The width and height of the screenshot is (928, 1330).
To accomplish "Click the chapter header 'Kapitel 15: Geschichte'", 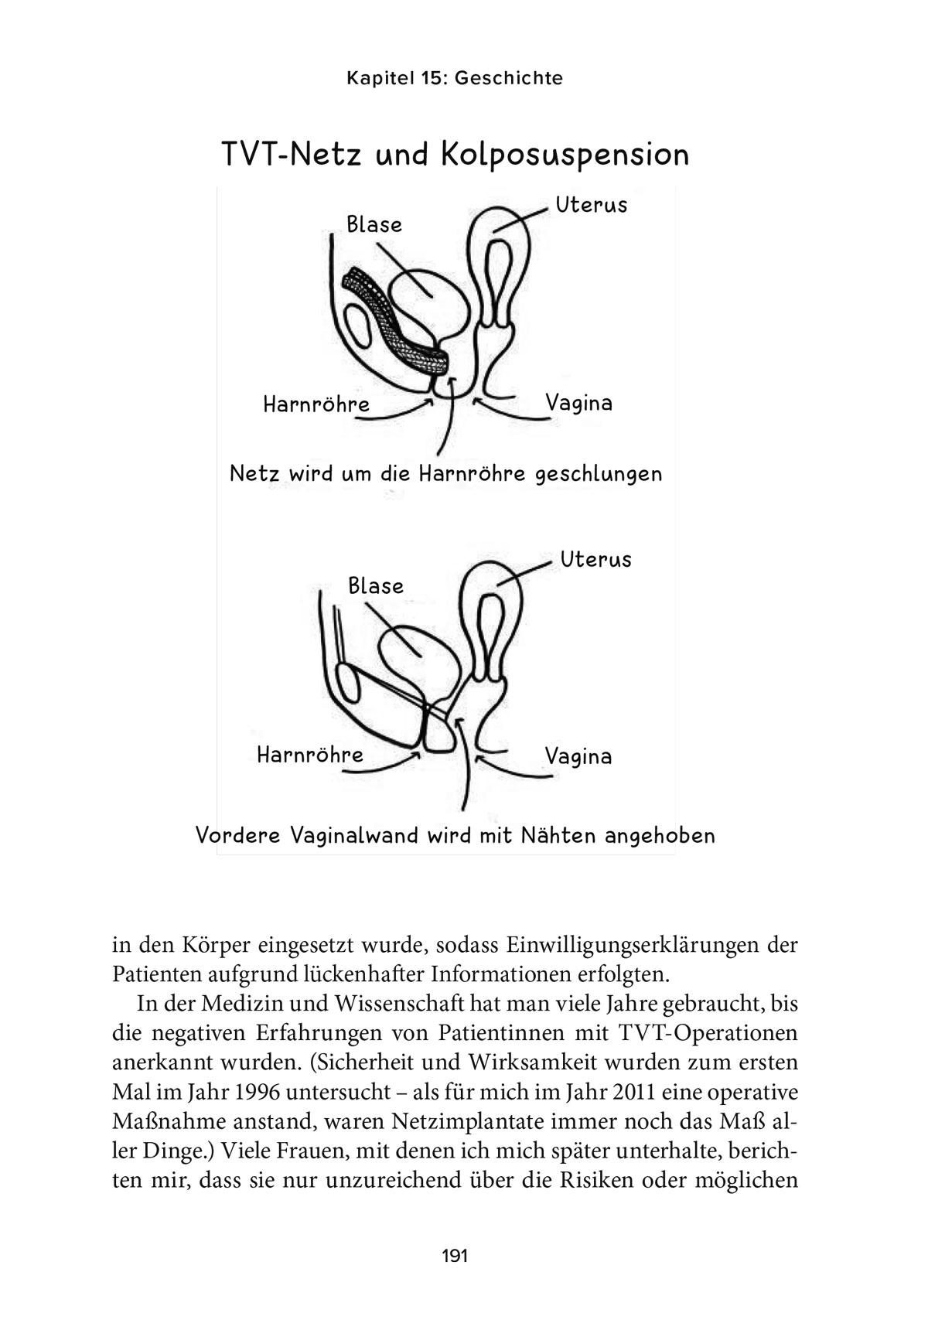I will (x=454, y=78).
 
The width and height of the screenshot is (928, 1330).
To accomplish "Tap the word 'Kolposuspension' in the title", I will (x=565, y=155).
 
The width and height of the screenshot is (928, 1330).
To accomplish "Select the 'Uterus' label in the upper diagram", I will (x=592, y=206).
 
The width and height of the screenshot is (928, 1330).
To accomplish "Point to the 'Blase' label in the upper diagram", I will (x=374, y=225).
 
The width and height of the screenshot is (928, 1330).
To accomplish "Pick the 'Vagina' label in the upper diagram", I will (x=578, y=403).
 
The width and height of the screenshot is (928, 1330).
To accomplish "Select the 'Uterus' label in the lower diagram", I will (x=596, y=559).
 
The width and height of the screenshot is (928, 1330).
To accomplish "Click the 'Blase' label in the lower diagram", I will (x=376, y=586).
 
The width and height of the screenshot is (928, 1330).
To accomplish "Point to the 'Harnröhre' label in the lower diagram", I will (x=310, y=755).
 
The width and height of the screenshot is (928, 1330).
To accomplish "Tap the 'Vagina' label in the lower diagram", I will (x=578, y=756).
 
